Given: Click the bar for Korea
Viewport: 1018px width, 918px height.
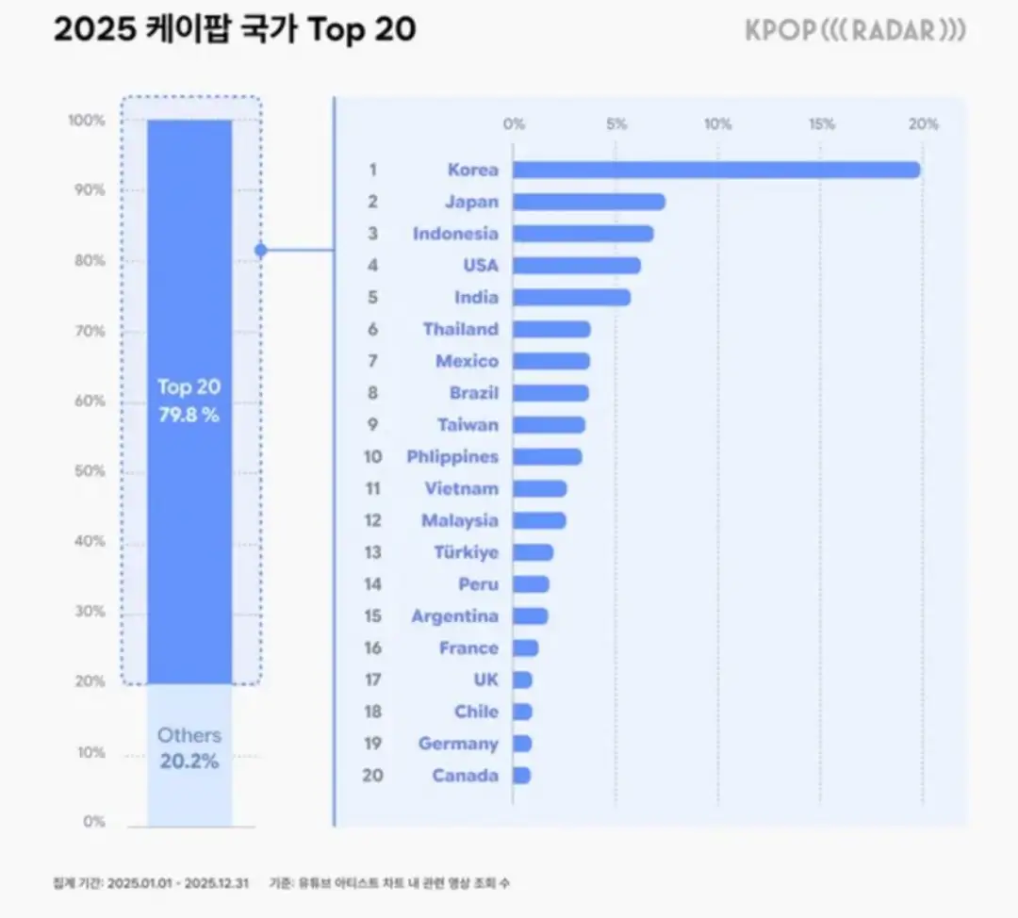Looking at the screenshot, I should pos(716,170).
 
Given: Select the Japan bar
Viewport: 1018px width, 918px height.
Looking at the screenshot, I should pos(589,202).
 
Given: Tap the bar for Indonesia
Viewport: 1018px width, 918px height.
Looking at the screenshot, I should pos(583,234).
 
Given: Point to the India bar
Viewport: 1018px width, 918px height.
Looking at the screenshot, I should pos(572,298).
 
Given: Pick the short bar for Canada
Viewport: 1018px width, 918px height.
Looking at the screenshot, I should pos(522,776).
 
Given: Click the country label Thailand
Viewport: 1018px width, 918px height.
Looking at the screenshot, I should pos(460,329).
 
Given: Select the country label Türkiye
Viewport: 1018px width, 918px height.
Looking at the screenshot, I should pos(466,552).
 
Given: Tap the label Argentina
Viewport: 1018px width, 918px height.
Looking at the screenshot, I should pos(454,616).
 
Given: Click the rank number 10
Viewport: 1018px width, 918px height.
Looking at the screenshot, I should pos(372,457).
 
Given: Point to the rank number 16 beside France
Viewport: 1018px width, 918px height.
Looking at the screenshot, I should pos(372,648).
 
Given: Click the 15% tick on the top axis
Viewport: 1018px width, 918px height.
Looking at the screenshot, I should pos(820,124).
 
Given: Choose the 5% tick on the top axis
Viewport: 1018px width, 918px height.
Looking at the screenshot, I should pos(616,124).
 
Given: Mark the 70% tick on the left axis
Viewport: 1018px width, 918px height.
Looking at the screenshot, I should pos(90,332).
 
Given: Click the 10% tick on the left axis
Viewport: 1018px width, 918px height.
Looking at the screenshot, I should pos(90,753).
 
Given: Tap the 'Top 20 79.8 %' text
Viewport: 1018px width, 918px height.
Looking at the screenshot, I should pos(189,401).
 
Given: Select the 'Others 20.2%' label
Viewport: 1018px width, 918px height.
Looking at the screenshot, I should pos(189,748).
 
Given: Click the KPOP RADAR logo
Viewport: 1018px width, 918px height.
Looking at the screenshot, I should pos(855,30).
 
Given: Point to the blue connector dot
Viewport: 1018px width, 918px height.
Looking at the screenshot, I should pos(261,250).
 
